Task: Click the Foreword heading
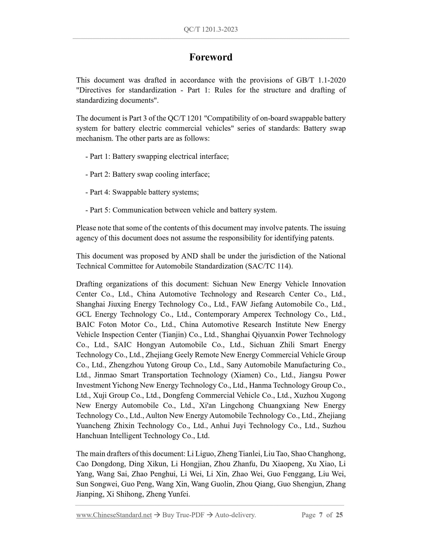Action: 211,57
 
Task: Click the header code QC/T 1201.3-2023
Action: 211,29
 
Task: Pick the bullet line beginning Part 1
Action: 157,157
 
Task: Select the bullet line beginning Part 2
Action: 147,174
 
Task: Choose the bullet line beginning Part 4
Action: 142,192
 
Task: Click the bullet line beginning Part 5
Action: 181,210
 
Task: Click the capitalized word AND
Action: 190,256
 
